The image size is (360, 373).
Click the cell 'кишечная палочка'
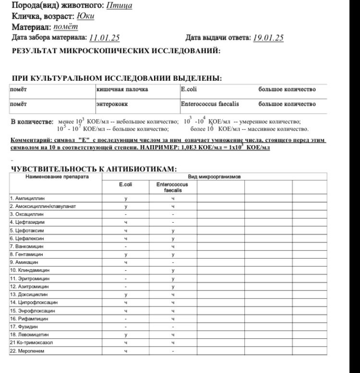(122, 89)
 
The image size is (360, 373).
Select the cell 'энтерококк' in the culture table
(110, 104)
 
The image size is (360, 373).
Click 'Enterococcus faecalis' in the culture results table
(210, 104)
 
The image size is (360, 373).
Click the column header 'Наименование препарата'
(56, 177)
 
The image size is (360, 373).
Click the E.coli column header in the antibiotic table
(125, 184)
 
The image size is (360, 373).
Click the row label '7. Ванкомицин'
(27, 246)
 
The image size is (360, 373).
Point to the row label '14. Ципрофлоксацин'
(34, 302)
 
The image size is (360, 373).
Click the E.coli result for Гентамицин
(125, 254)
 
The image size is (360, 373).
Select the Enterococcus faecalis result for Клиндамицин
(173, 270)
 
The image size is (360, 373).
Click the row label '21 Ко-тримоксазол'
(32, 343)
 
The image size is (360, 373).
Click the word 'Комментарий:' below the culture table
(32, 140)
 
